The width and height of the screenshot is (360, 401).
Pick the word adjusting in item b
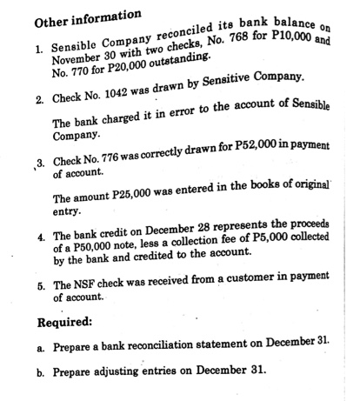[104, 371]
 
